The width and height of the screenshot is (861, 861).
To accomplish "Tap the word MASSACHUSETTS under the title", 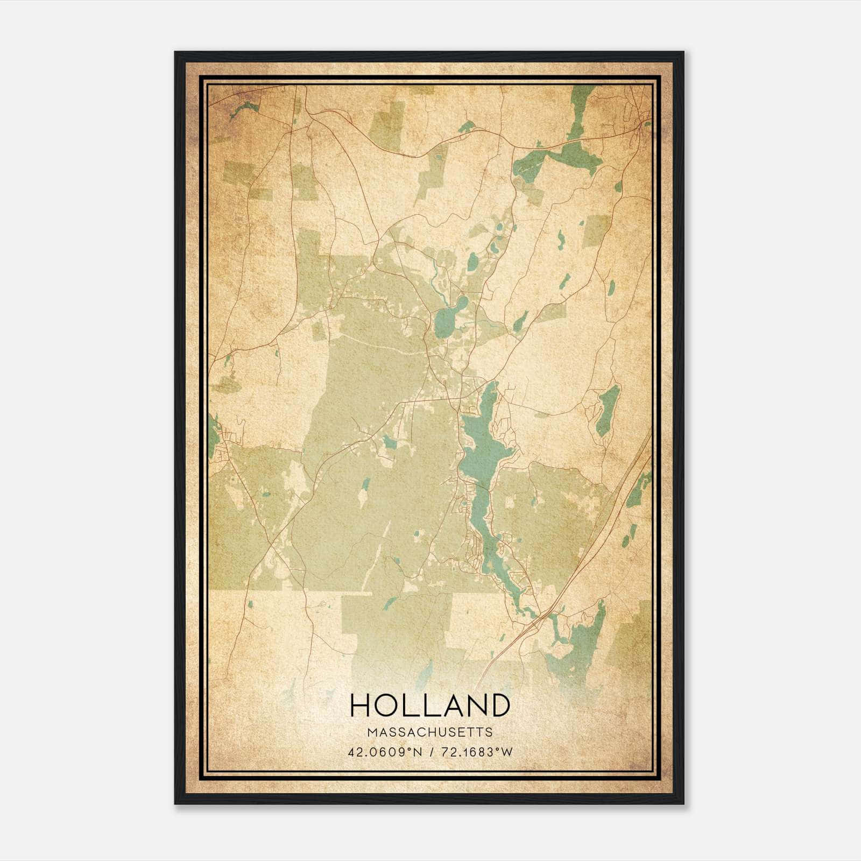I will tap(430, 732).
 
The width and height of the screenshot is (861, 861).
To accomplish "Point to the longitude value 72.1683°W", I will tap(477, 752).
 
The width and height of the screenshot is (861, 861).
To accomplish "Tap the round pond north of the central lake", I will tap(446, 322).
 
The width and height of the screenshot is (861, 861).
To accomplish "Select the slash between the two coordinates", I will tap(430, 752).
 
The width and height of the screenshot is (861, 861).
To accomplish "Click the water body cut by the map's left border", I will tap(212, 430).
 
